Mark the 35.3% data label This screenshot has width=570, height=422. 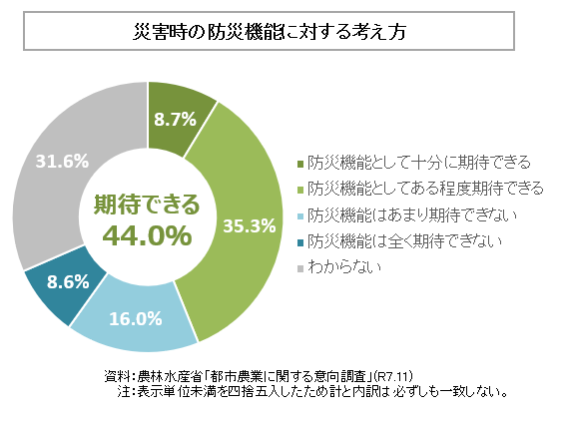249,225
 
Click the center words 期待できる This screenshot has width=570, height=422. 147,205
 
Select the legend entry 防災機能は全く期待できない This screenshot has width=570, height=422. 405,240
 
